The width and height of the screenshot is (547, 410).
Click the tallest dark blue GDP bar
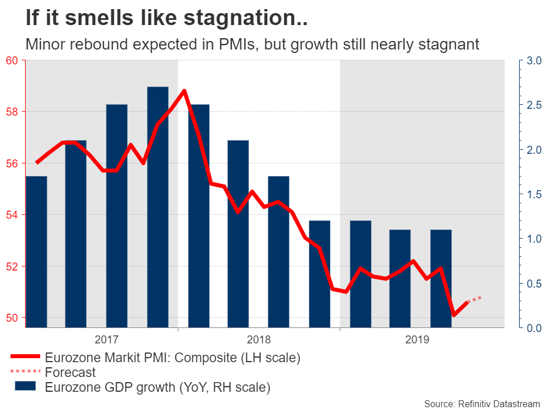point(158,205)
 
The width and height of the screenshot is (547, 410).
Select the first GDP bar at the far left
point(36,251)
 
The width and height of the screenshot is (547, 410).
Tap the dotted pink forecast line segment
point(475,299)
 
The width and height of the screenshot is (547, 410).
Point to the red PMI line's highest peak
point(184,91)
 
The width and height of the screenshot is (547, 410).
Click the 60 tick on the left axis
point(12,60)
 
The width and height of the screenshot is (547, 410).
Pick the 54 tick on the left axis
point(12,215)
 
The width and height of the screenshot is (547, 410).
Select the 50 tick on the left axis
point(12,318)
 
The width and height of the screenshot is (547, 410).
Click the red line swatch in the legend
point(25,358)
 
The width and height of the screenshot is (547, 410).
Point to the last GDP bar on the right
point(441,278)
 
